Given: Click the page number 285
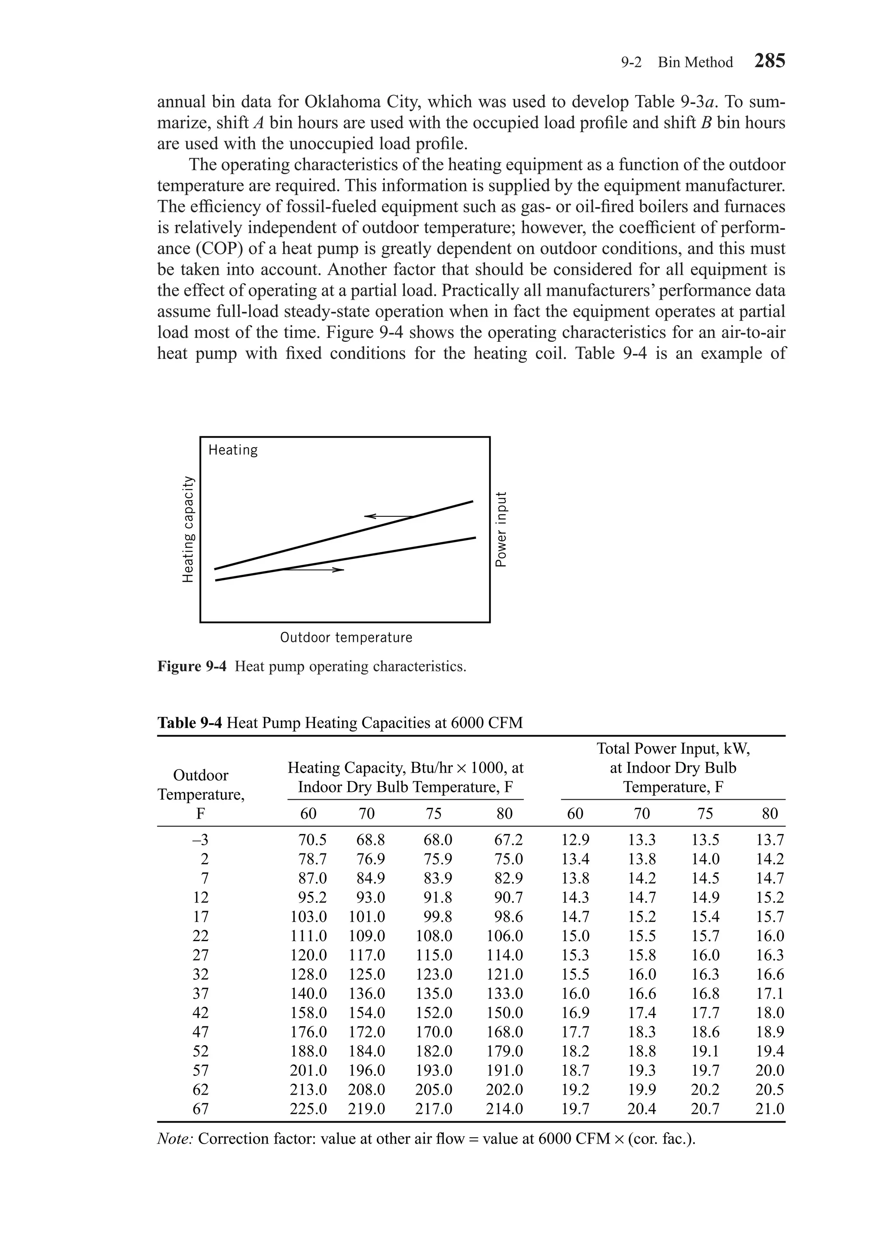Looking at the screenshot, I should pos(770,61).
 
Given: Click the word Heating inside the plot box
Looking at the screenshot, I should pos(233,451).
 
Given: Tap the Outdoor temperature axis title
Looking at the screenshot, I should pos(346,637).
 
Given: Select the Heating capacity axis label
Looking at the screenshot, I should pos(188,529).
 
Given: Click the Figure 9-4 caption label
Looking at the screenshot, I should pos(192,666).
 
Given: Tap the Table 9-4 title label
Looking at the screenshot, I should pos(189,723).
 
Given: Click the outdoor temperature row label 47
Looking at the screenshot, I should pos(201,1032).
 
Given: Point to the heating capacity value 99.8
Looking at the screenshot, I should pos(438,917).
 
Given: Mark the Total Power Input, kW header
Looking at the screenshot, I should pos(673,749).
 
